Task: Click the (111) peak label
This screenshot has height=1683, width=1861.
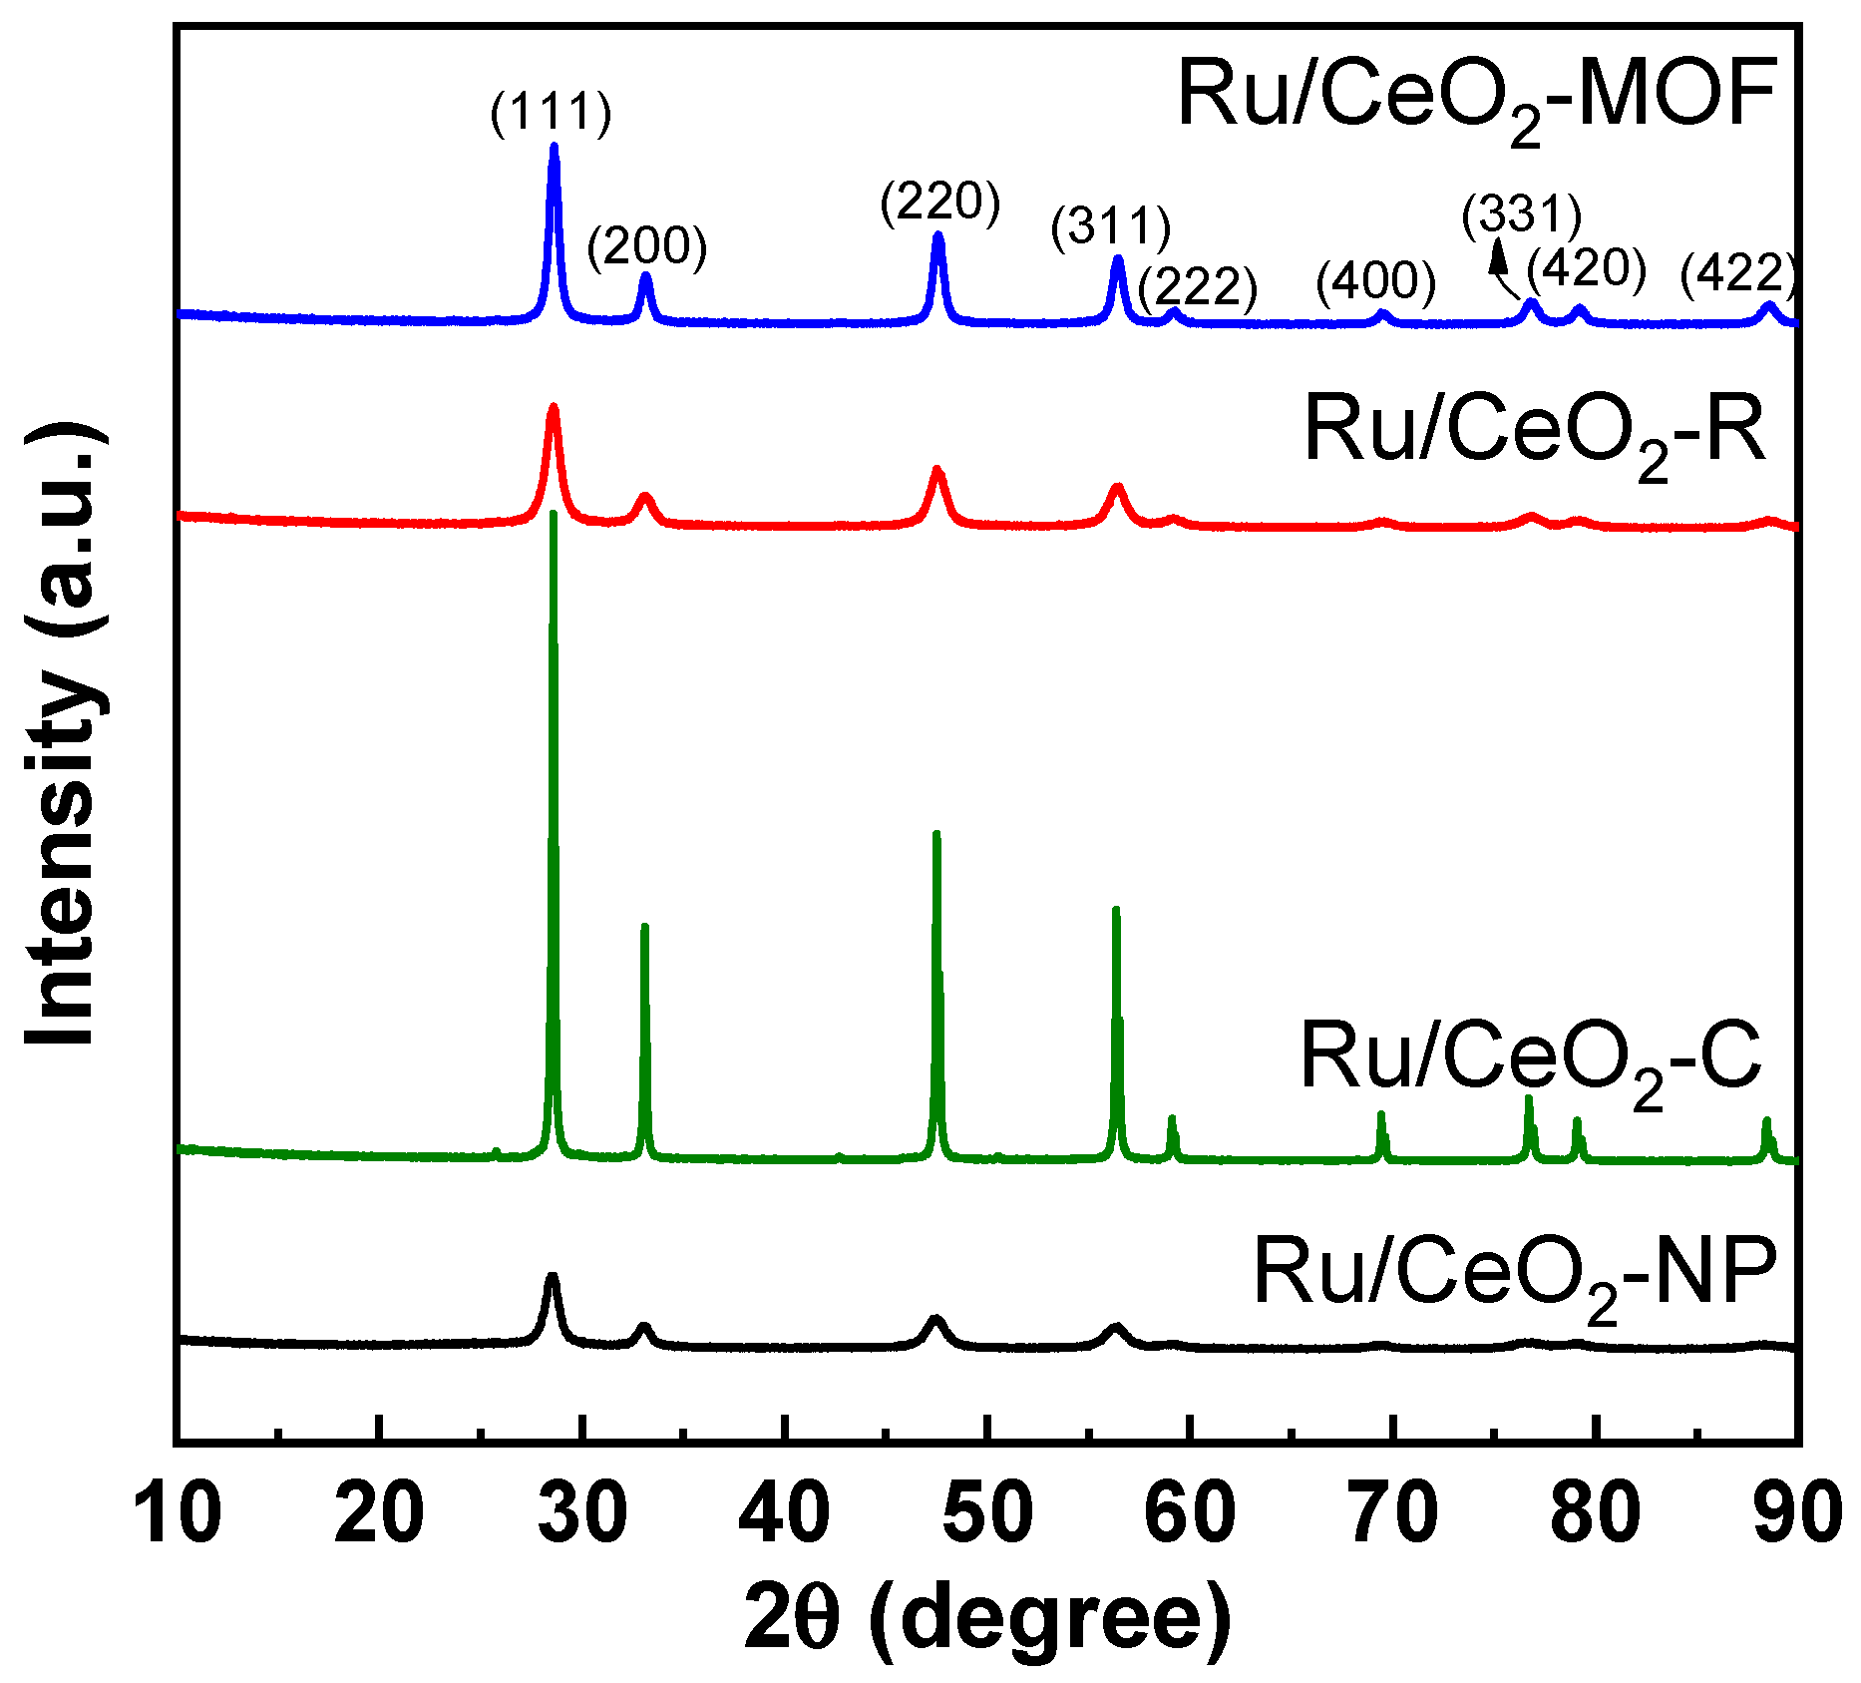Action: tap(551, 112)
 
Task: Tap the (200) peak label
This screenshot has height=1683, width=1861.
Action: tap(646, 246)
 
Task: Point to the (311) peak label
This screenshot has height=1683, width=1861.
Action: tap(1110, 227)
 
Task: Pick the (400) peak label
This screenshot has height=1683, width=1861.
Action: tap(1375, 281)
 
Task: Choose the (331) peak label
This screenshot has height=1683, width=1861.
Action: tap(1521, 215)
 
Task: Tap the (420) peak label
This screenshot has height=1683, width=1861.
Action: tap(1586, 266)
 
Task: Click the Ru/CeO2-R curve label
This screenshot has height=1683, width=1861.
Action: tap(1535, 431)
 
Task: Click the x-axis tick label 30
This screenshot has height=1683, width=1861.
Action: tap(582, 1512)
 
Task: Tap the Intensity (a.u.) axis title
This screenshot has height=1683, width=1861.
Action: tap(65, 733)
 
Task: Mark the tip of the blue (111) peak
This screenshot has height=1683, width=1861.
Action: tap(555, 146)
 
